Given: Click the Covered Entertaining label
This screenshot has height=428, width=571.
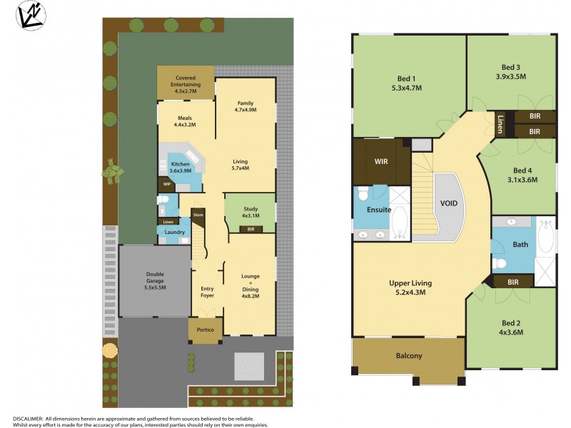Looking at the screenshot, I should click(x=186, y=81).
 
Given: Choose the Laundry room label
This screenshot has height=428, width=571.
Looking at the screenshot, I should click(x=175, y=232).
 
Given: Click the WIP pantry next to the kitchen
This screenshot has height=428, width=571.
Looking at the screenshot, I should click(x=167, y=184).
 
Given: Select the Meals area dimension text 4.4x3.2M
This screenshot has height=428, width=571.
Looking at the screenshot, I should click(x=185, y=125).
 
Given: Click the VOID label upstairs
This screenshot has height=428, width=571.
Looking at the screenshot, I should click(x=449, y=203).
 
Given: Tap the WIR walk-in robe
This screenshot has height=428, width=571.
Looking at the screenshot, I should click(x=381, y=161).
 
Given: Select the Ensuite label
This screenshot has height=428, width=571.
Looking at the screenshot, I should click(x=378, y=210).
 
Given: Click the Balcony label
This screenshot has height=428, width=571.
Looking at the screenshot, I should click(x=409, y=356).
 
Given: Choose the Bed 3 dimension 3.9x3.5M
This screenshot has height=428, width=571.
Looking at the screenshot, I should click(x=511, y=76).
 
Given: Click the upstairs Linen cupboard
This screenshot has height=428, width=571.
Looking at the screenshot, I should click(x=501, y=123).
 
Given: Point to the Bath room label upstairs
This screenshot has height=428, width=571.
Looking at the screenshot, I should click(x=520, y=245).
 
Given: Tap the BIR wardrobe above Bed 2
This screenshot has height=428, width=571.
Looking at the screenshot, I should click(x=512, y=282).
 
